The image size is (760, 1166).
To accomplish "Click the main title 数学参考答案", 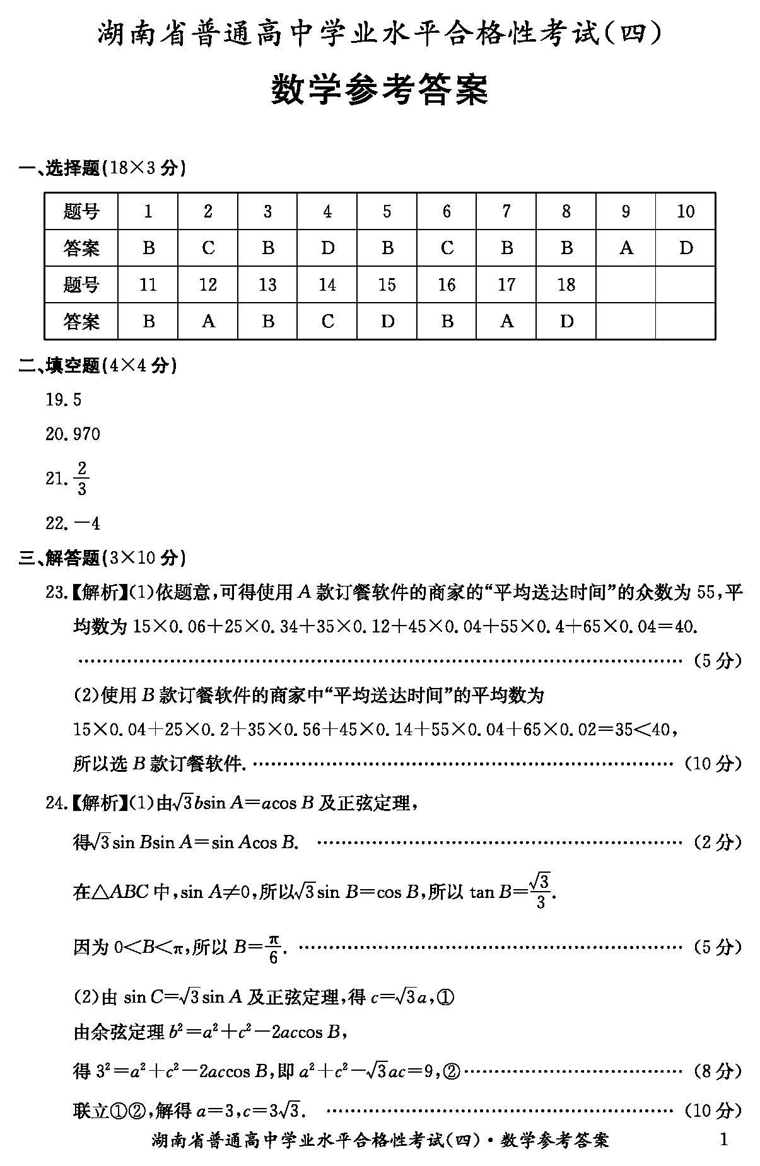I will coord(380,90).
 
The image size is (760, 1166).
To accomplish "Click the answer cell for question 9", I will coord(626,248).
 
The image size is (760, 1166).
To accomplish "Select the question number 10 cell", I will coord(686,211).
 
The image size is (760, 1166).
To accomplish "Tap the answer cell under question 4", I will coord(327,248).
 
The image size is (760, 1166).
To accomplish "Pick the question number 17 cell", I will coord(506,284).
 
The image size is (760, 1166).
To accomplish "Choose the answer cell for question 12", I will coord(208,321).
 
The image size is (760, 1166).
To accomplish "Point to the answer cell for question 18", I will coord(566,321).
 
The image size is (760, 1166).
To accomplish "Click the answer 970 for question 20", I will coord(87,434).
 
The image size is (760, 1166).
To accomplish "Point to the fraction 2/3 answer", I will coord(81,479).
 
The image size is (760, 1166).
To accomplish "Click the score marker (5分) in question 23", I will coord(717,660).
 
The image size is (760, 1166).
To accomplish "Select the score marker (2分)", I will coord(717,842).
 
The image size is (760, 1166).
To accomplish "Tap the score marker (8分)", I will coord(717,1070).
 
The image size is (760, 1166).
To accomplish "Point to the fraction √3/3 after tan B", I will coord(540,890).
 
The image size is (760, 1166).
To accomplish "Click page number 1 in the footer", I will coord(723,1139).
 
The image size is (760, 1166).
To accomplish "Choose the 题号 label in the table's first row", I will coord(81,211).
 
